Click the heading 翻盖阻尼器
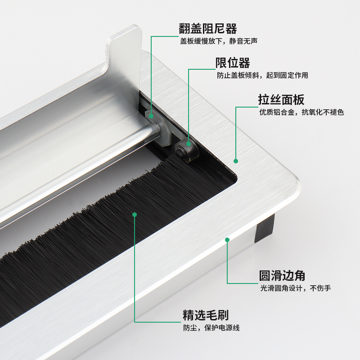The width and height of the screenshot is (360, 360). [x=208, y=29]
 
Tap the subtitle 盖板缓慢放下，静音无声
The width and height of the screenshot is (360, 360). [x=218, y=41]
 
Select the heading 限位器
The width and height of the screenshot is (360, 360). [x=233, y=63]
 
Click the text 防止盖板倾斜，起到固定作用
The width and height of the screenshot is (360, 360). [x=262, y=75]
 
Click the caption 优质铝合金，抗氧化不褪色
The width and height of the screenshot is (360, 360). [x=301, y=112]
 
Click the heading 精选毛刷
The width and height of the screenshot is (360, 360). [x=205, y=314]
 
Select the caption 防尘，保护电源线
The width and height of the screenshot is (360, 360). [x=211, y=327]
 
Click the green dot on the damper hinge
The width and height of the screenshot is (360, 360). [x=152, y=116]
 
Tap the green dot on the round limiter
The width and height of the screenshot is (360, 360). [x=188, y=144]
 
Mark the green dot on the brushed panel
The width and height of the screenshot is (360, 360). [x=235, y=161]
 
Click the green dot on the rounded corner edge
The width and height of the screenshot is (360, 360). [x=227, y=240]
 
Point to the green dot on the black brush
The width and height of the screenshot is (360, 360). [x=134, y=214]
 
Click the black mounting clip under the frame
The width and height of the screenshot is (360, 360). [x=265, y=229]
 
